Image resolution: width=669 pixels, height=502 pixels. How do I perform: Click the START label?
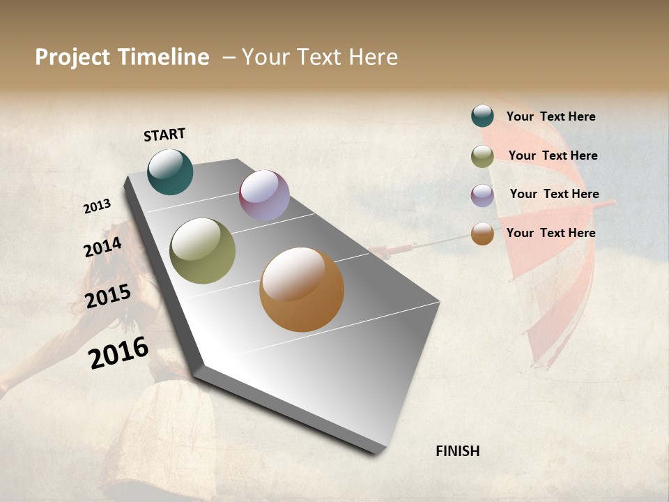pos(164,135)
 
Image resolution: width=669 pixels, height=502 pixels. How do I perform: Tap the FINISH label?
pos(457,451)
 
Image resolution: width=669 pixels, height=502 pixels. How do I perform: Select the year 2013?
pos(98,206)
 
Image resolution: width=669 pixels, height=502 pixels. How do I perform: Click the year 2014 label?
pos(102,248)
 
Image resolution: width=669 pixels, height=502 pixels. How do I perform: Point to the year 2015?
pos(108,296)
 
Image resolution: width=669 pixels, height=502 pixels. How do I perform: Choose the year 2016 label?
pos(118,352)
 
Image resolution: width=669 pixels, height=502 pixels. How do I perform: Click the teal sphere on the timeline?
pos(170,172)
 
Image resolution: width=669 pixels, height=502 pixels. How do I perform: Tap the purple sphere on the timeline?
pos(264,195)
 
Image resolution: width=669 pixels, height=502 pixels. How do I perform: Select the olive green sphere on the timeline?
pos(202,251)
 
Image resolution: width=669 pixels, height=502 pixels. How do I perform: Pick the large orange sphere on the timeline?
pos(302,289)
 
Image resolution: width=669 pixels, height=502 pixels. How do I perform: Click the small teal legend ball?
pos(482,116)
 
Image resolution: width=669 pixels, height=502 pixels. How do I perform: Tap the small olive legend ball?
pos(482,156)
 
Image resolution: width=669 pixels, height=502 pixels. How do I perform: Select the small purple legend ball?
pos(482,195)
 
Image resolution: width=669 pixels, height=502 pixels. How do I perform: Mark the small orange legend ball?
pos(482,234)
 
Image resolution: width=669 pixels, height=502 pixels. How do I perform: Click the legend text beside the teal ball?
pos(551,116)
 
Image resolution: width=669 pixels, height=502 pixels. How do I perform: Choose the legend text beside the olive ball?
pos(553,155)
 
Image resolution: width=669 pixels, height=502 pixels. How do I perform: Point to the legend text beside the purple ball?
pos(554,194)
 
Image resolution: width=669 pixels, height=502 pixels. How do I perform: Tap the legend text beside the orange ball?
pos(551,233)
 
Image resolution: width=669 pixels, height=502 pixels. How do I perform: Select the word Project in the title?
pos(72,57)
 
